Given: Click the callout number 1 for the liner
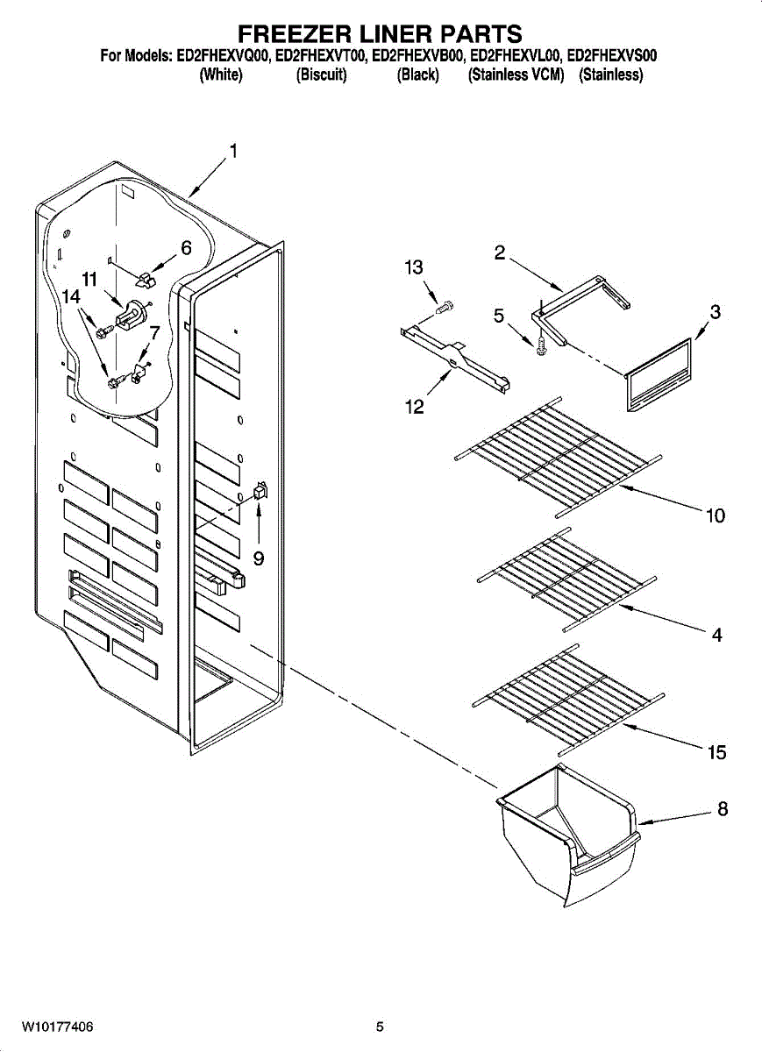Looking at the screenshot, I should pos(232,152).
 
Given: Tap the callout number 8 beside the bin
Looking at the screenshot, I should pos(723,810).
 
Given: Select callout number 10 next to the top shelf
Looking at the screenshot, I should pos(716,515).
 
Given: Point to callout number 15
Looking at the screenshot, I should pos(717,752).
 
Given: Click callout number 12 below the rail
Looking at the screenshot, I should pos(414,407).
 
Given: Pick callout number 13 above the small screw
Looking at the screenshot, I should pos(414,268).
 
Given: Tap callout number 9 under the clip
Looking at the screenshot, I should pos(259,558).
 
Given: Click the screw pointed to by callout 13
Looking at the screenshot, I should pos(446,307).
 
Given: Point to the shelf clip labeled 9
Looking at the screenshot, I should pos(259,492).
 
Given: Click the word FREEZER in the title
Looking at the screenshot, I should pos(294,34).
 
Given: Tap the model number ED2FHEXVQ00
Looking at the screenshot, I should pos(223,56).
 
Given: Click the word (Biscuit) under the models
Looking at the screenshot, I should pos(322,75).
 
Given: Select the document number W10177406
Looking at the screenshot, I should pos(57,1027).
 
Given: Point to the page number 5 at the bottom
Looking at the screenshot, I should pos(380,1027).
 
